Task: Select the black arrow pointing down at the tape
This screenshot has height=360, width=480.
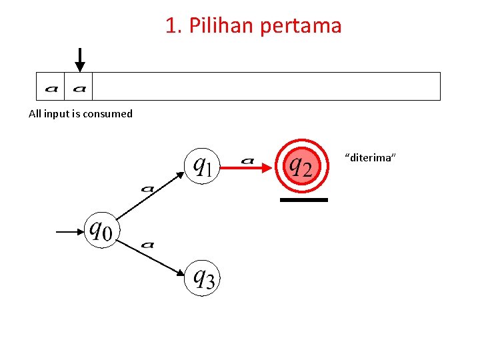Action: [79, 60]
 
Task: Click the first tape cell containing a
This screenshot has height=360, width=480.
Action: [51, 87]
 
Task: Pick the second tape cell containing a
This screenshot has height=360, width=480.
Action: [79, 87]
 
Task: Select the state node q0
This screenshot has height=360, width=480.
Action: [101, 231]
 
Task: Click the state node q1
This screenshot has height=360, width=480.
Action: [202, 165]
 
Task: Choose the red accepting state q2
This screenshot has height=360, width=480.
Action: [299, 165]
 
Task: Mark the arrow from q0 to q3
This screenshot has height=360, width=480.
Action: [153, 257]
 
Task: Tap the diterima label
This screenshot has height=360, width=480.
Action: [371, 157]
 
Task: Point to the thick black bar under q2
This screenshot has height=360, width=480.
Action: [304, 199]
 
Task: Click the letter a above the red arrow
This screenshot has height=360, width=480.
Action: [247, 160]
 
